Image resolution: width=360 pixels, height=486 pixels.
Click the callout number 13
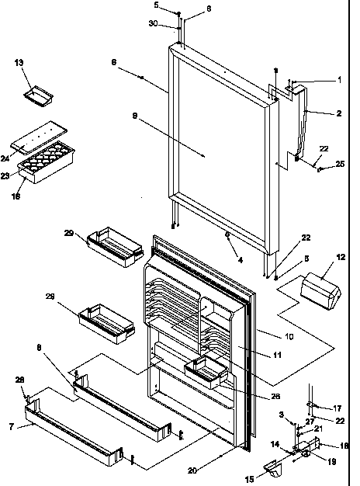[x=19, y=63]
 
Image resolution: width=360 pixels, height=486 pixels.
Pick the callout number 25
[x=339, y=163]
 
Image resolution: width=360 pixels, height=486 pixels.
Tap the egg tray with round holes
[x=51, y=161]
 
